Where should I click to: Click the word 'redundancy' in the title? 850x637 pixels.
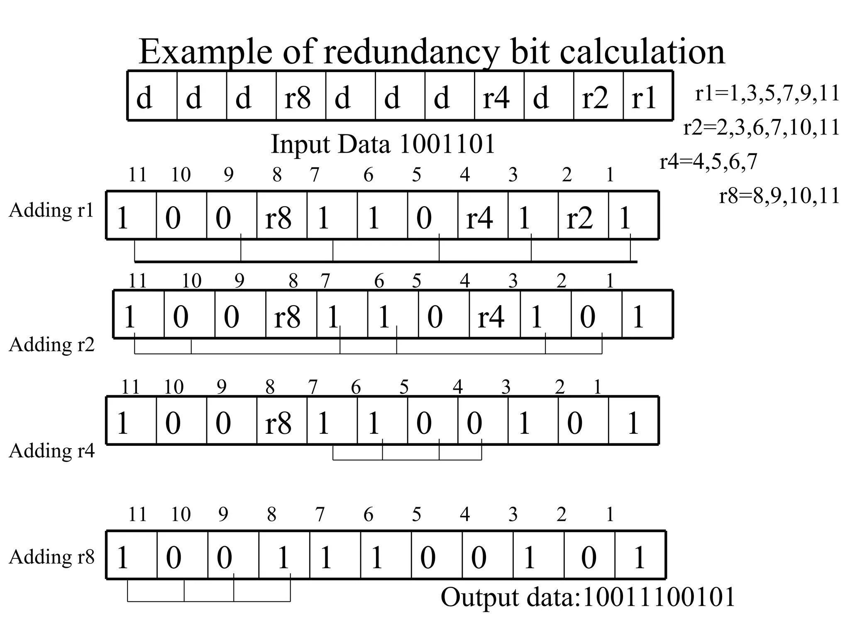(x=411, y=52)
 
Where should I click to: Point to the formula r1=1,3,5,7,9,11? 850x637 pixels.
(x=767, y=93)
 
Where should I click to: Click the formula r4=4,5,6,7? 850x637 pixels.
(x=708, y=161)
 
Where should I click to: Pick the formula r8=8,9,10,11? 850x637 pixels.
(x=779, y=196)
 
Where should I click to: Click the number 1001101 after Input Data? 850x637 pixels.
(x=447, y=144)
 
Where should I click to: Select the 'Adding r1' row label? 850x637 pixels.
(x=51, y=210)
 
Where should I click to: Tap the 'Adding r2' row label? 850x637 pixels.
(x=51, y=344)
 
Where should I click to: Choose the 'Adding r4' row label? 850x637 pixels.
(x=51, y=450)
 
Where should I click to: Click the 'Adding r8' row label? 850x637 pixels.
(x=51, y=557)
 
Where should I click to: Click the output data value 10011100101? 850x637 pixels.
(x=659, y=597)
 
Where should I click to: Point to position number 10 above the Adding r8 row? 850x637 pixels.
(x=181, y=514)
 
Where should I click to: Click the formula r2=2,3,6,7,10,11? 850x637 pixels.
(x=762, y=127)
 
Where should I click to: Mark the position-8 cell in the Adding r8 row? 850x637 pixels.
(x=283, y=557)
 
